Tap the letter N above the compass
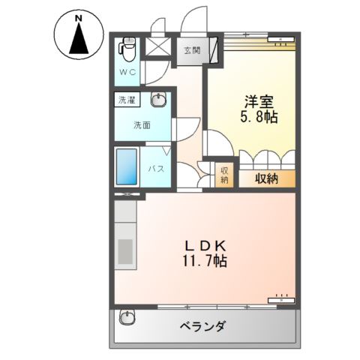(79, 16)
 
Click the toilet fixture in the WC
(128, 50)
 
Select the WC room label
(128, 73)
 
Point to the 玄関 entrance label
(192, 51)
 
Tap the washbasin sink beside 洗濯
(158, 100)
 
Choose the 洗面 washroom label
(142, 124)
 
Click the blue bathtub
(127, 167)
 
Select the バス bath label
(156, 169)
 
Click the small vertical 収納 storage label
(224, 175)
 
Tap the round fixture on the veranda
(128, 319)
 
